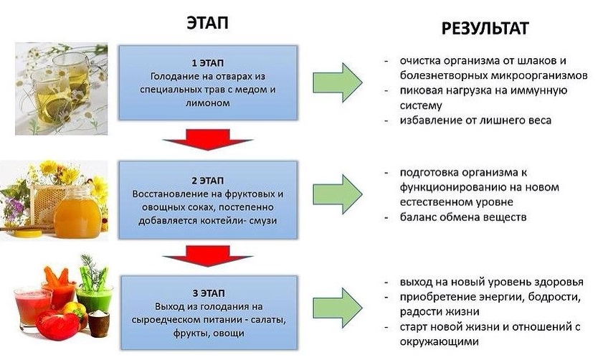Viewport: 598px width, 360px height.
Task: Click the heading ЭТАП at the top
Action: coord(207,23)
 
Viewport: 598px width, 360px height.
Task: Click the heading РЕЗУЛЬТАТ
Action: coord(485,29)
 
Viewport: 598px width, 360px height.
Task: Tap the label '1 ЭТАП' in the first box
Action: coord(207,62)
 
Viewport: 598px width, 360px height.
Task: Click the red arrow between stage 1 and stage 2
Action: coord(207,138)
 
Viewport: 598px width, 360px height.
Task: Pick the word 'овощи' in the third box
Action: coord(229,333)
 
